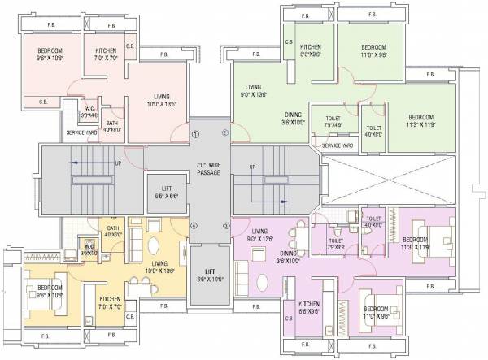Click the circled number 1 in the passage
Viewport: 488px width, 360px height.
point(194,134)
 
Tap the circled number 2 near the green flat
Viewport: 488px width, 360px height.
point(225,134)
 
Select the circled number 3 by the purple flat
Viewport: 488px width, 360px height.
point(226,226)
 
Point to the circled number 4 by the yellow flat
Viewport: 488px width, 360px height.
point(194,226)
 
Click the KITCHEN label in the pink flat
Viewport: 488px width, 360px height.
point(106,54)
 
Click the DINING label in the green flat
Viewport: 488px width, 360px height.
point(294,119)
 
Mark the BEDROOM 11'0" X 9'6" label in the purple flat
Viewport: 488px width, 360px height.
point(376,313)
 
